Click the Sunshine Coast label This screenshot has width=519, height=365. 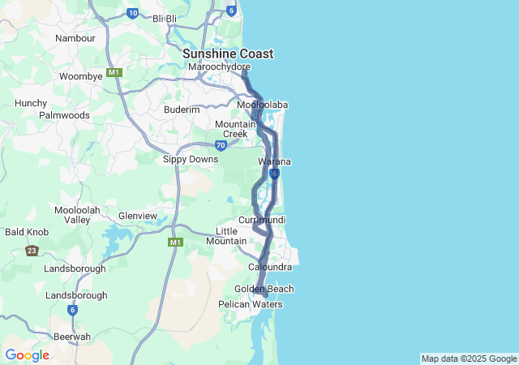[x=228, y=54]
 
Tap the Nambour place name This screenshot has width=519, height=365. [x=75, y=38]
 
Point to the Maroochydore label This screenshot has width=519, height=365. [x=219, y=67]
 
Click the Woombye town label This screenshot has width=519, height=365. [x=81, y=76]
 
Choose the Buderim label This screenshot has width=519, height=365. [x=182, y=109]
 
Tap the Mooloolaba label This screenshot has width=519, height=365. [x=263, y=105]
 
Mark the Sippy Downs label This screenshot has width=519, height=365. [x=191, y=160]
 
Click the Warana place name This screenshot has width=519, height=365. [x=275, y=162]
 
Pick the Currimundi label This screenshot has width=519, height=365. [x=262, y=221]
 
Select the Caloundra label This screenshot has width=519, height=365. [x=270, y=267]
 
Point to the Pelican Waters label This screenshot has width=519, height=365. [x=251, y=304]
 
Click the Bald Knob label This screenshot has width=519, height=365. [x=28, y=232]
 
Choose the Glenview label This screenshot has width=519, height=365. [x=138, y=216]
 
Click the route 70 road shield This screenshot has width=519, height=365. [x=221, y=146]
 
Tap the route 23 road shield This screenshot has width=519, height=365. [x=32, y=251]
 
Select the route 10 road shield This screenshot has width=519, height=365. [x=133, y=13]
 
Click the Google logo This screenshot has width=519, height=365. [x=27, y=355]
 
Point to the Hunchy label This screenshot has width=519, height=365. [x=31, y=103]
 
